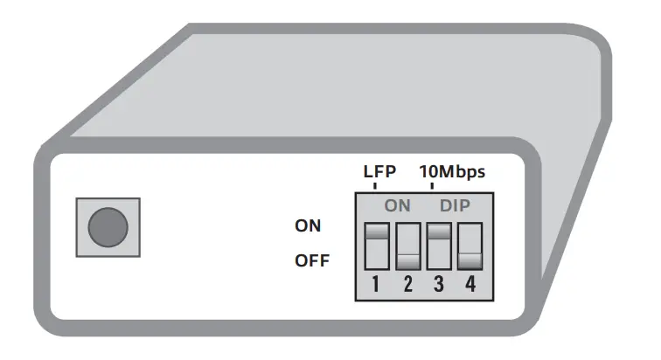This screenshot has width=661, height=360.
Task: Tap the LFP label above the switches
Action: (379, 171)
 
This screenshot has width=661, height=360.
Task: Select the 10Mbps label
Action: (452, 171)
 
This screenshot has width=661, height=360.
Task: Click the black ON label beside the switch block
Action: (308, 225)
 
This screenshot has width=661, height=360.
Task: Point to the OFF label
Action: (311, 260)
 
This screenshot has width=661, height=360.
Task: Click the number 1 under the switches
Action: (376, 285)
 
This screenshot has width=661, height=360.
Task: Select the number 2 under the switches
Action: (407, 285)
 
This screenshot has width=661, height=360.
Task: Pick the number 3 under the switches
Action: (439, 285)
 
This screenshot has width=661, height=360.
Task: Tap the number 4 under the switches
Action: (470, 285)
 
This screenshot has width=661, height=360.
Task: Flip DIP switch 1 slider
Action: (377, 233)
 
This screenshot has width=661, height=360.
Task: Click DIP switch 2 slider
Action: (408, 261)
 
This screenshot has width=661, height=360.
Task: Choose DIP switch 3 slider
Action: (439, 233)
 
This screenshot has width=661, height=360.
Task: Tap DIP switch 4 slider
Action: (470, 261)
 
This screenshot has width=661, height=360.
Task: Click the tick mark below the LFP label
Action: (376, 186)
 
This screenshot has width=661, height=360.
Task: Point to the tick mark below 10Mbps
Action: (440, 186)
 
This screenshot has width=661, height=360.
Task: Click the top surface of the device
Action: (350, 87)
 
